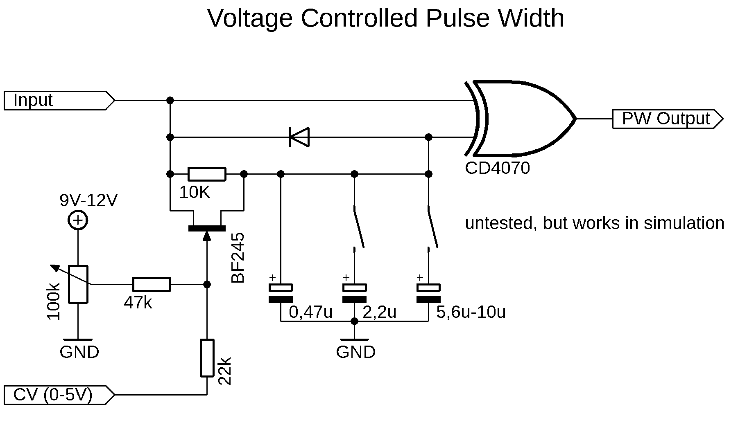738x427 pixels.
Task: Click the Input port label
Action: pyautogui.click(x=33, y=100)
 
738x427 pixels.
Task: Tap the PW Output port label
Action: pyautogui.click(x=666, y=119)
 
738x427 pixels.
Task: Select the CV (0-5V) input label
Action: pyautogui.click(x=52, y=395)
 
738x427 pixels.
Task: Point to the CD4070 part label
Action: pyautogui.click(x=497, y=168)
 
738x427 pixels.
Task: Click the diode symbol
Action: pyautogui.click(x=299, y=137)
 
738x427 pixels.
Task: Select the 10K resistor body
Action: pyautogui.click(x=207, y=174)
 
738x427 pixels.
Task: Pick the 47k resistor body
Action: pyautogui.click(x=152, y=284)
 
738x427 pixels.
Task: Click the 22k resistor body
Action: pyautogui.click(x=207, y=358)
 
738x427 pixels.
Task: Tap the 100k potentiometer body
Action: pyautogui.click(x=78, y=284)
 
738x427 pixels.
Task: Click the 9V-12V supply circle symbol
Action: pyautogui.click(x=78, y=221)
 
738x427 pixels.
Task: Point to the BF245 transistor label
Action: pyautogui.click(x=238, y=258)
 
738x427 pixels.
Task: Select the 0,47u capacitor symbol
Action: pyautogui.click(x=281, y=293)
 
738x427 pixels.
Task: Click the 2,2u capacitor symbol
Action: pyautogui.click(x=355, y=293)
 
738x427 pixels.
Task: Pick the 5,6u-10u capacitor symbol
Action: pyautogui.click(x=428, y=293)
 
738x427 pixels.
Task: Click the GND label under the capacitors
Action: pyautogui.click(x=355, y=352)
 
